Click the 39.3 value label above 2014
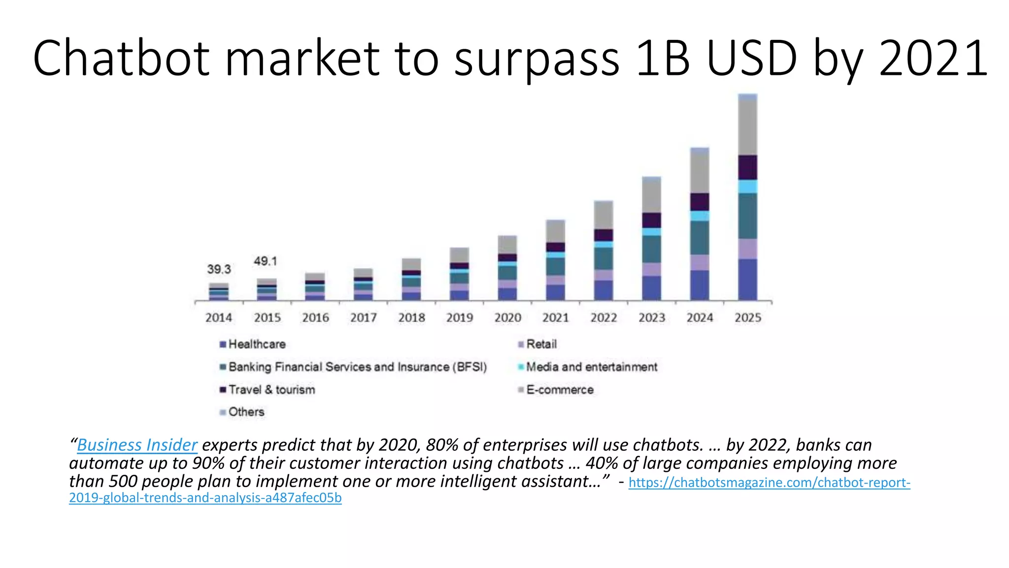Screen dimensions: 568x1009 click(x=219, y=269)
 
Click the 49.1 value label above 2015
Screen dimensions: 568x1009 click(x=266, y=261)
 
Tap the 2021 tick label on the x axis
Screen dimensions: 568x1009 click(x=556, y=318)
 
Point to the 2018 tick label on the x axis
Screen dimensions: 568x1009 click(x=411, y=318)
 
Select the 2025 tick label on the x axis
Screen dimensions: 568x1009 click(x=748, y=318)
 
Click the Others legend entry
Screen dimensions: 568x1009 click(x=246, y=412)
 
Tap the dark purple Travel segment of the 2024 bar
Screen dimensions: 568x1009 click(x=700, y=202)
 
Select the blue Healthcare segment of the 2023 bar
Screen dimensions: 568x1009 click(x=652, y=288)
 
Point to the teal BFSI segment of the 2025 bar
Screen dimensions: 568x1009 click(x=747, y=216)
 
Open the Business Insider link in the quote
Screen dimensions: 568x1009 click(x=137, y=445)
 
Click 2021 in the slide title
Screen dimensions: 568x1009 click(x=933, y=58)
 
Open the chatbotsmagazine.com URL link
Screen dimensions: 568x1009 click(x=769, y=482)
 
